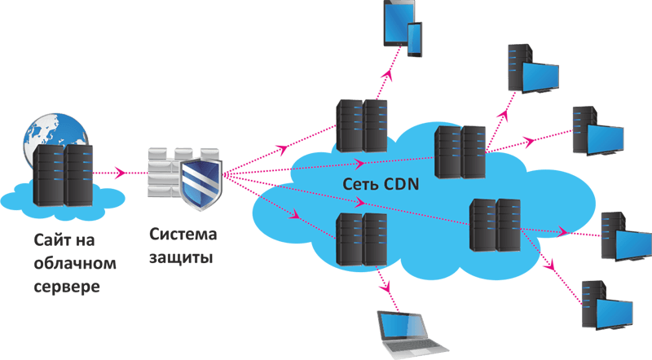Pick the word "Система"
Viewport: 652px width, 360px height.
[183, 235]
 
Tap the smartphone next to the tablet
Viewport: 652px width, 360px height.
[412, 38]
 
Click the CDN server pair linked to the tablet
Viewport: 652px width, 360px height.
[363, 125]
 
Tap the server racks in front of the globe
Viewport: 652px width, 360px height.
[62, 174]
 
